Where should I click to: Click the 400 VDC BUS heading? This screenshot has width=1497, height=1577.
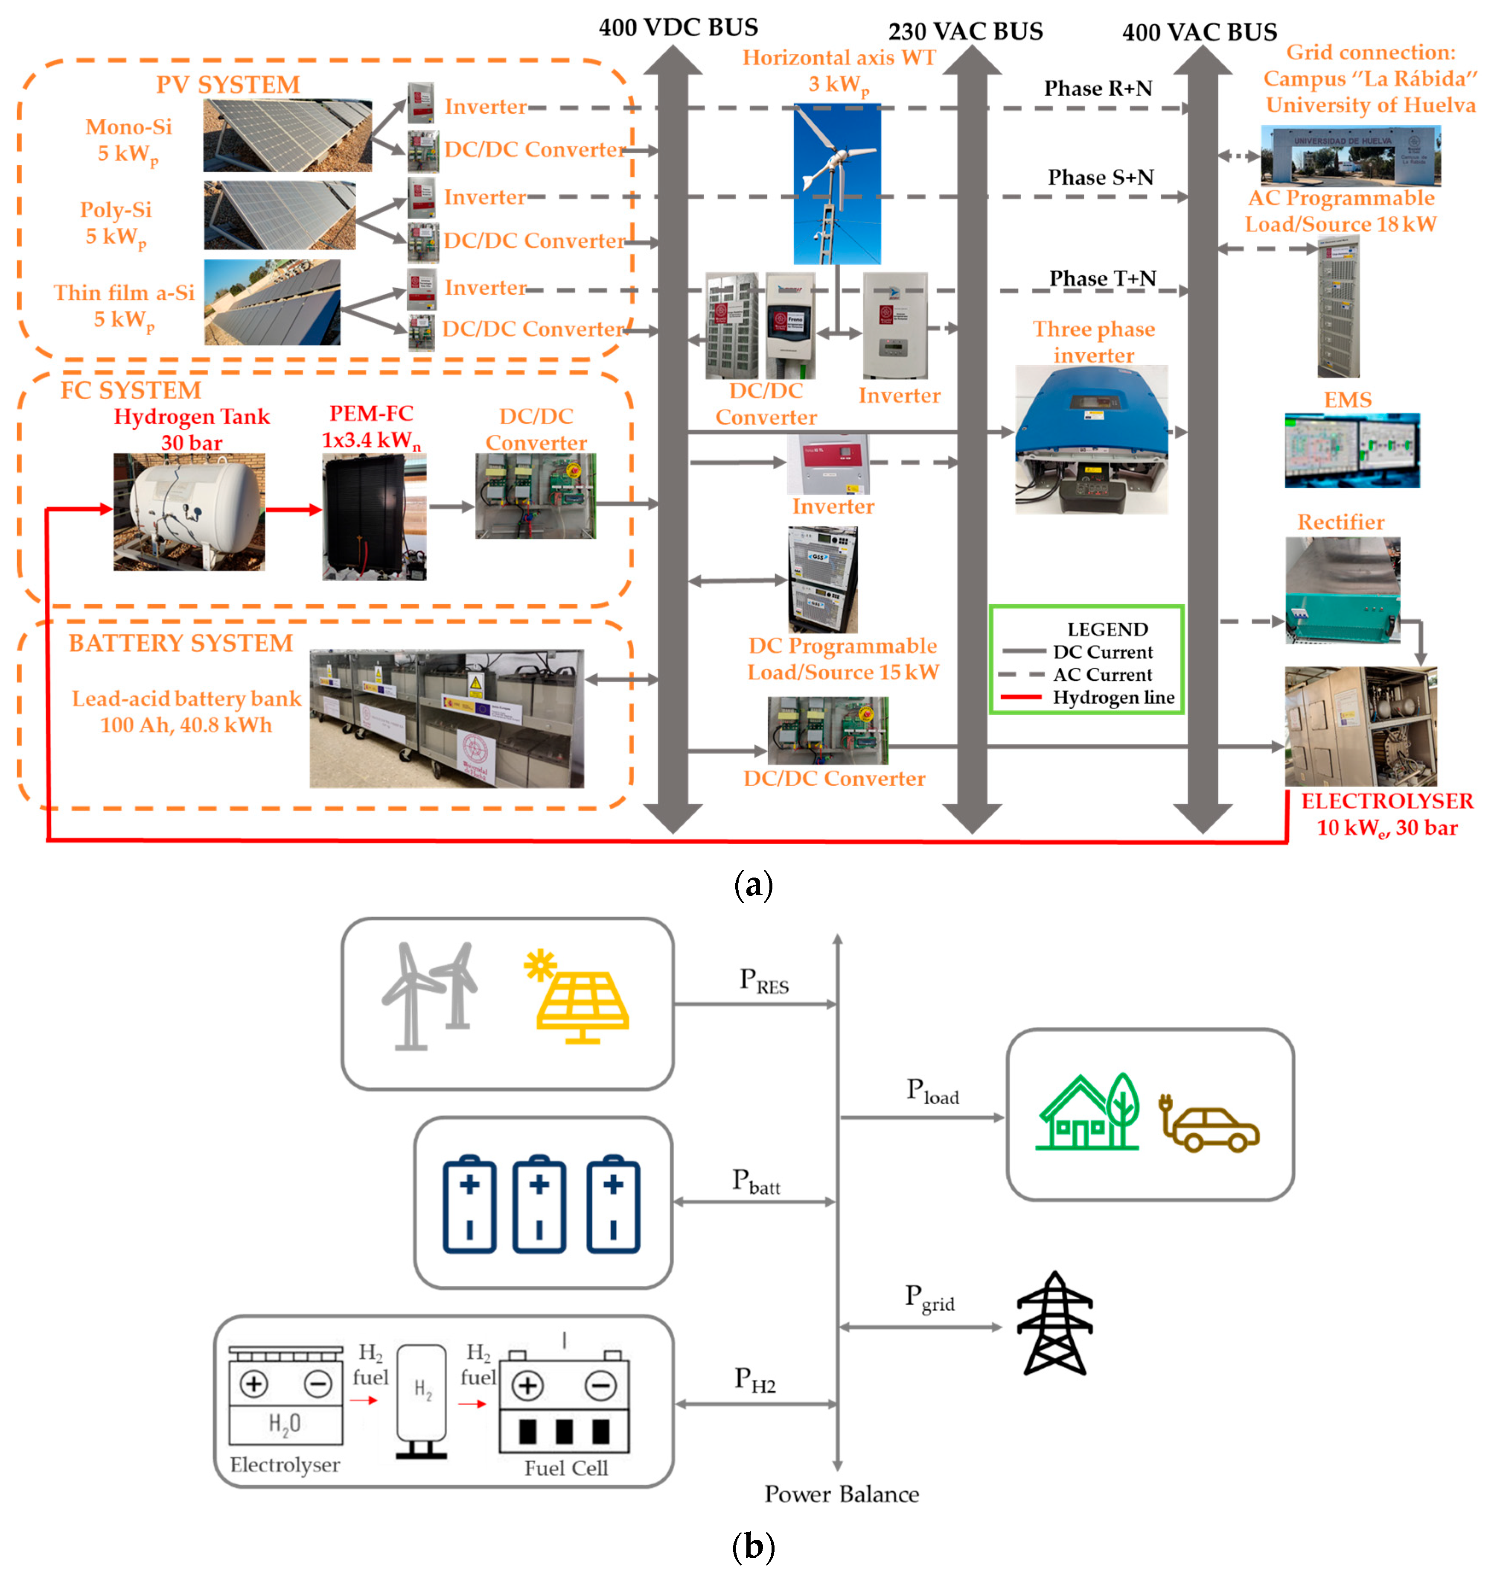[678, 28]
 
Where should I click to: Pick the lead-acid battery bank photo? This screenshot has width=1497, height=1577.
[446, 718]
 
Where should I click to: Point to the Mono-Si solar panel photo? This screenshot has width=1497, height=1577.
[287, 135]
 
